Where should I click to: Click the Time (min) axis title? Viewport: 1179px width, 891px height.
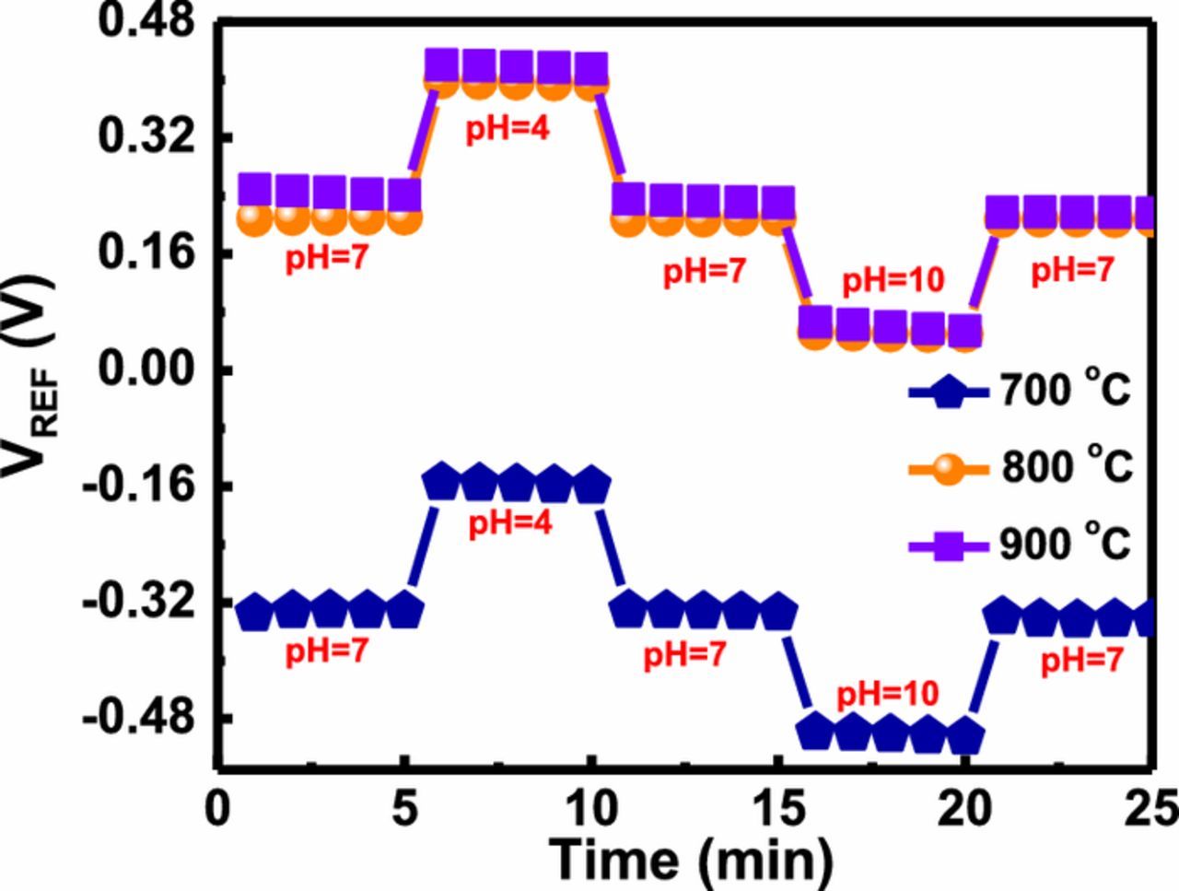tap(691, 859)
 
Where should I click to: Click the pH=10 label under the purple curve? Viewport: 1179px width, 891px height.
tap(893, 280)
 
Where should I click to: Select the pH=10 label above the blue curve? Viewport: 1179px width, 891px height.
tap(886, 693)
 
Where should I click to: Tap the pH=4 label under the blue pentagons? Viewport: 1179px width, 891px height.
tap(509, 524)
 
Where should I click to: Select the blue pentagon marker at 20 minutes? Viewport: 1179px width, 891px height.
tap(964, 734)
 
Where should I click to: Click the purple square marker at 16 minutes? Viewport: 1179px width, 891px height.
tap(816, 322)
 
